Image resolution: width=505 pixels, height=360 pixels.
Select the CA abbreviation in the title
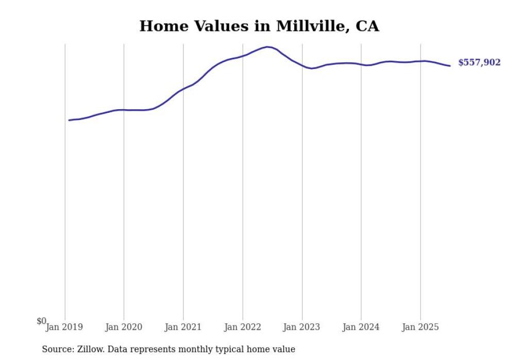click(x=367, y=26)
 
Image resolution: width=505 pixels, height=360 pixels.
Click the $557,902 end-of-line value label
click(x=479, y=63)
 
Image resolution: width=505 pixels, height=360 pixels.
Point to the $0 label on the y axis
click(x=41, y=321)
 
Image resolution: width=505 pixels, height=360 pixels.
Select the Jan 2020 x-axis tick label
click(x=124, y=327)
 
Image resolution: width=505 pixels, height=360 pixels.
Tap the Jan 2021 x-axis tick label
click(x=183, y=327)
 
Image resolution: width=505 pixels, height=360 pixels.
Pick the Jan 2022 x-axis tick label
click(x=243, y=327)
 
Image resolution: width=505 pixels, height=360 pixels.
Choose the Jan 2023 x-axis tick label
click(x=301, y=327)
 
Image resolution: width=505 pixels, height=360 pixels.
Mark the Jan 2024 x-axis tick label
click(x=361, y=327)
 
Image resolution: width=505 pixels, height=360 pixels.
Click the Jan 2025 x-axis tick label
click(x=420, y=327)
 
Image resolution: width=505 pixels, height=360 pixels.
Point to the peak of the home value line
click(x=267, y=47)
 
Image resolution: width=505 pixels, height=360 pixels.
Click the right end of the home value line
click(x=450, y=65)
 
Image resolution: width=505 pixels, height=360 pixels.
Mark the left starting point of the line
click(x=69, y=120)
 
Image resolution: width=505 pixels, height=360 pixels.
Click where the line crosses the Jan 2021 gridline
click(x=183, y=89)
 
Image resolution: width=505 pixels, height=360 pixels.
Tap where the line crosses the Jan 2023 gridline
click(x=302, y=66)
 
